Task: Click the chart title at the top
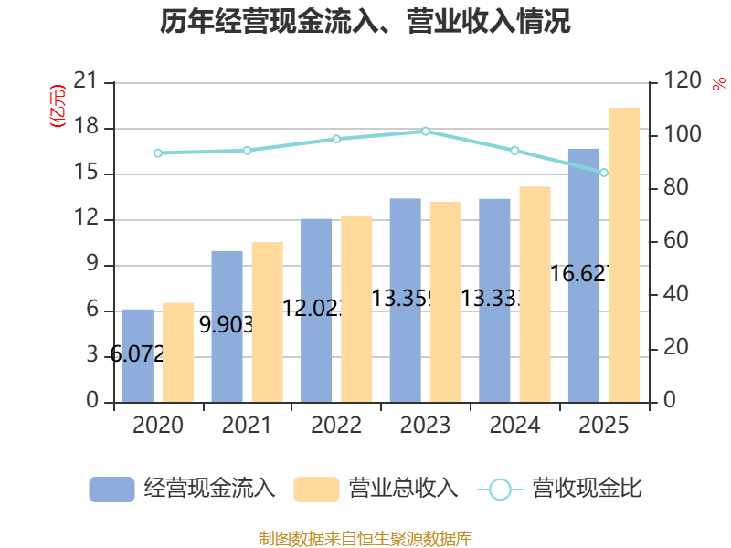click(365, 22)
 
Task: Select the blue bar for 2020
click(138, 356)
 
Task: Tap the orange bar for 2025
click(624, 256)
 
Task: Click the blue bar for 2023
click(405, 301)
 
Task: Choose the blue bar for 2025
click(583, 274)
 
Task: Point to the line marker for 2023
click(426, 132)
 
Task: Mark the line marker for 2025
click(604, 173)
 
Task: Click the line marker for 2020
click(158, 153)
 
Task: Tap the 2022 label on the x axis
click(336, 426)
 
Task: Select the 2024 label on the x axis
click(514, 426)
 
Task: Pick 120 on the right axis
click(683, 82)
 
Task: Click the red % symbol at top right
click(718, 83)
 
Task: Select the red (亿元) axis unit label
click(58, 105)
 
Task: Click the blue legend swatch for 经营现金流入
click(111, 490)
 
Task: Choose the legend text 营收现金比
click(588, 490)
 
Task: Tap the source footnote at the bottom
click(365, 538)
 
